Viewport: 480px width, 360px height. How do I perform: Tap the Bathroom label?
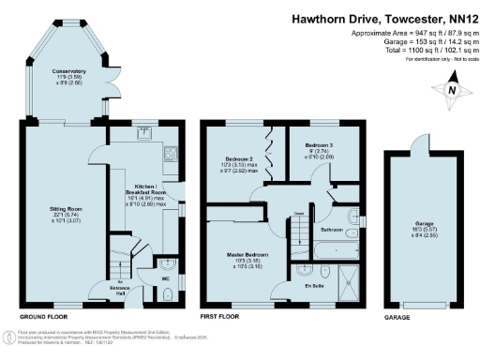tap(332, 228)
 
